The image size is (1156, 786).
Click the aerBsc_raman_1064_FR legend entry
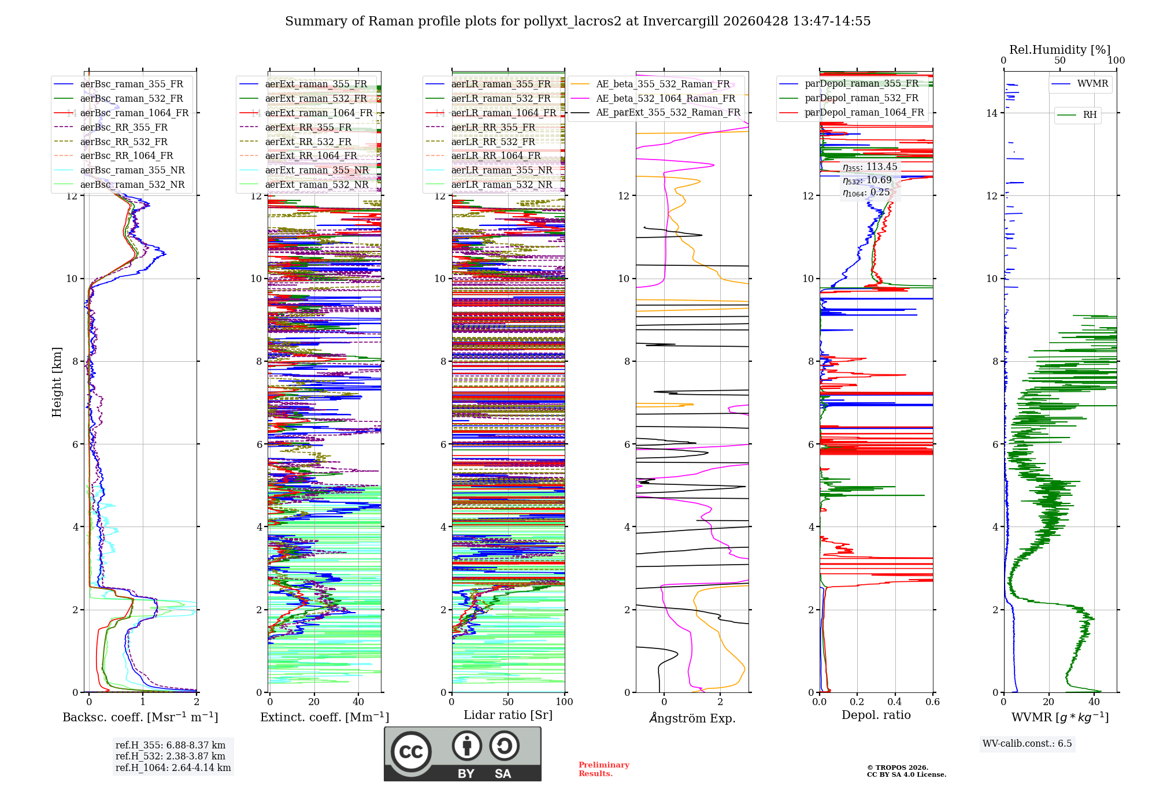point(134,113)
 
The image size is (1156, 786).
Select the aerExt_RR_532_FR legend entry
point(308,142)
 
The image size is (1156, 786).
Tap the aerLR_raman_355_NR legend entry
point(502,170)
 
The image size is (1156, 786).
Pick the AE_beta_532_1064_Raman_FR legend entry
point(665,98)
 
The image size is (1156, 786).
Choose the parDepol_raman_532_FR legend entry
point(861,98)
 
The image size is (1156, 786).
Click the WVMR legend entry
point(1092,84)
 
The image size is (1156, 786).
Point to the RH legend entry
point(1090,115)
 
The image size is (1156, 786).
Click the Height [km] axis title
point(57,382)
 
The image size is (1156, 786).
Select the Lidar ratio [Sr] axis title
point(507,715)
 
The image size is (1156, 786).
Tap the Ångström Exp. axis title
point(692,718)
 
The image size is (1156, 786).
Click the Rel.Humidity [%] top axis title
point(1059,50)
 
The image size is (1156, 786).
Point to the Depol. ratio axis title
point(876,715)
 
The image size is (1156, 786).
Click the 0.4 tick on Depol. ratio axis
point(895,702)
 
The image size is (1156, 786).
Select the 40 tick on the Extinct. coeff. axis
point(358,702)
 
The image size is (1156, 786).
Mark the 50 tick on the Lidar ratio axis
point(508,702)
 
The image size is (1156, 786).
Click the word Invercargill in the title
point(680,21)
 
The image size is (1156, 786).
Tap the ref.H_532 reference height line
point(171,756)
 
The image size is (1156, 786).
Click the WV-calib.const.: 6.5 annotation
point(1027,743)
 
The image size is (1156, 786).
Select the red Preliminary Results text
point(603,769)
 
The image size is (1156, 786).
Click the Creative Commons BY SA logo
point(462,754)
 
